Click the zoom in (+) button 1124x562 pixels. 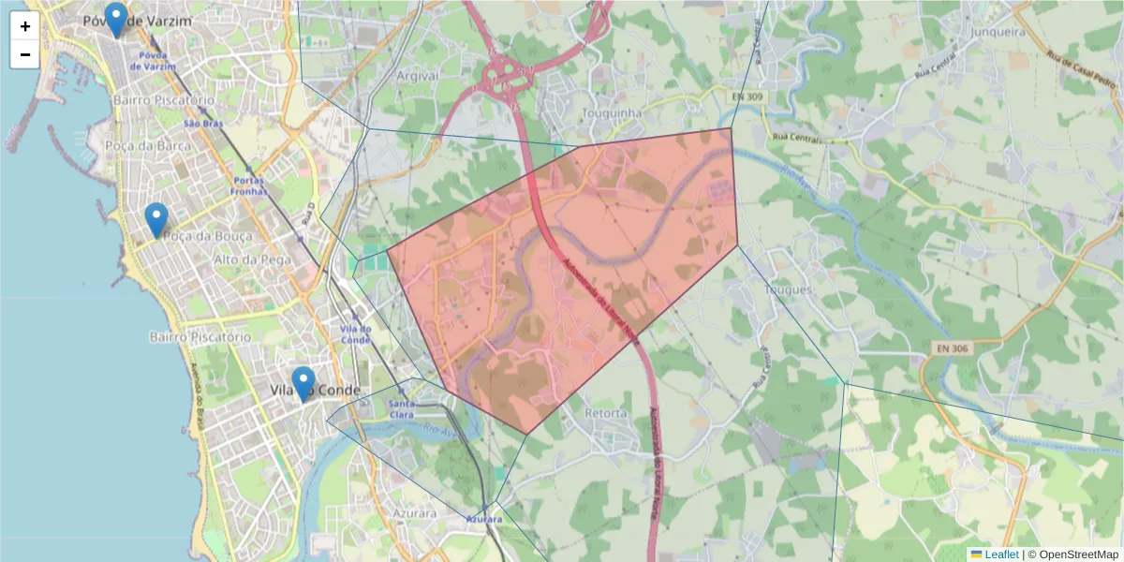click(25, 26)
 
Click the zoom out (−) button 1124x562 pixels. click(25, 54)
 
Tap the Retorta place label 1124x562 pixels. click(605, 412)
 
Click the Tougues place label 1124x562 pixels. click(788, 289)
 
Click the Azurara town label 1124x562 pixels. click(415, 513)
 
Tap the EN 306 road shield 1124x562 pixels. click(952, 348)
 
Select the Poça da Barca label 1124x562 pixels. click(148, 145)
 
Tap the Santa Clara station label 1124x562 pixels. click(401, 408)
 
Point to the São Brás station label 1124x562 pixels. click(203, 123)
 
